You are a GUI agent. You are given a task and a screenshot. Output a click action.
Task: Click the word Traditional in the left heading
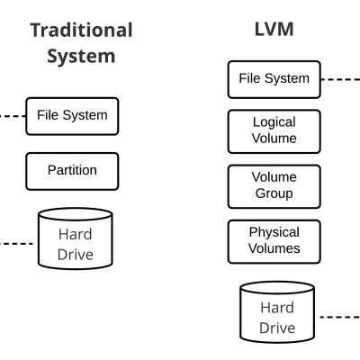coord(82,30)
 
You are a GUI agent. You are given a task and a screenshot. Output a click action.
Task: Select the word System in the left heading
coord(82,56)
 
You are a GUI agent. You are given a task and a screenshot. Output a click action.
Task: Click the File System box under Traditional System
coord(72,115)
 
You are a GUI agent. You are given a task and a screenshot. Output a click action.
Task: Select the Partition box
coord(72,169)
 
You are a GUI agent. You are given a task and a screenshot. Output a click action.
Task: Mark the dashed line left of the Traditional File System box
coord(13,115)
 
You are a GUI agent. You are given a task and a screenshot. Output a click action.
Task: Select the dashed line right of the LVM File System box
coord(342,78)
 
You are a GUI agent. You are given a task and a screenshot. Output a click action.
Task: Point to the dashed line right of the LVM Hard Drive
coord(342,316)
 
